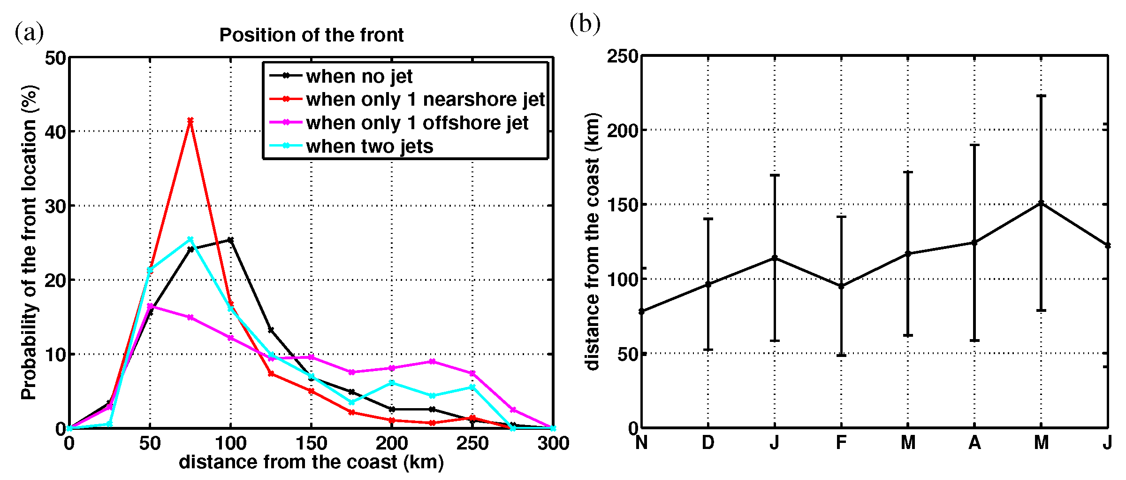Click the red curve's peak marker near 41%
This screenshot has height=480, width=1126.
tap(190, 121)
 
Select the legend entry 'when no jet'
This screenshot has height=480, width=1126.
tap(359, 76)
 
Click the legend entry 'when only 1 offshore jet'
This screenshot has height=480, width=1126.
tap(417, 123)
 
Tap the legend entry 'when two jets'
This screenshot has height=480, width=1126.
tap(369, 147)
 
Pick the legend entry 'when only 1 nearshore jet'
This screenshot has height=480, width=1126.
tap(425, 100)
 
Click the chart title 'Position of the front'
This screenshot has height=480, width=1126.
tap(312, 35)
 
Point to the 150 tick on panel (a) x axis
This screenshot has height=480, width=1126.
tap(311, 443)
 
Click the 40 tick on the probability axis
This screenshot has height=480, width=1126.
tap(55, 132)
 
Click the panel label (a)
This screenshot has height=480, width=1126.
tap(29, 33)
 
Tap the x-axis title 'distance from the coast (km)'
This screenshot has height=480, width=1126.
tap(311, 463)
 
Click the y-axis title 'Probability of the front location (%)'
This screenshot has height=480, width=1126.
tap(29, 242)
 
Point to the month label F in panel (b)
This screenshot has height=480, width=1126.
tap(841, 442)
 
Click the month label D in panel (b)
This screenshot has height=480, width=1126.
tap(708, 442)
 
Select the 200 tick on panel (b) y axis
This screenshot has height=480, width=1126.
tap(623, 131)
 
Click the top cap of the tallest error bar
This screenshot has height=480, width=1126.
tap(1041, 96)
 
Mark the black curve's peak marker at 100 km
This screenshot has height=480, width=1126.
tap(230, 240)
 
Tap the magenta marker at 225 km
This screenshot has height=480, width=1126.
tap(432, 362)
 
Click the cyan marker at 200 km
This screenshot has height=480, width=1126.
tap(392, 383)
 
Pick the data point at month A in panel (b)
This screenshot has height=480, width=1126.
tap(974, 243)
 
